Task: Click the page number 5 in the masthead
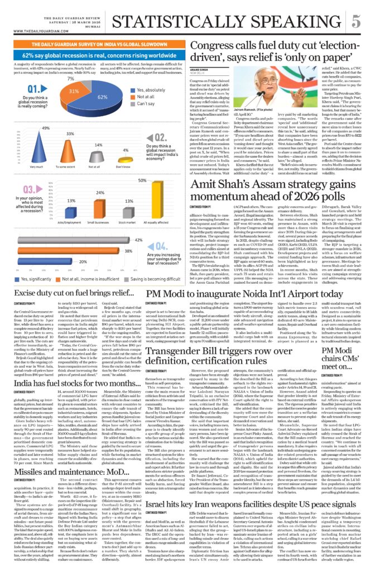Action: click(355, 22)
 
